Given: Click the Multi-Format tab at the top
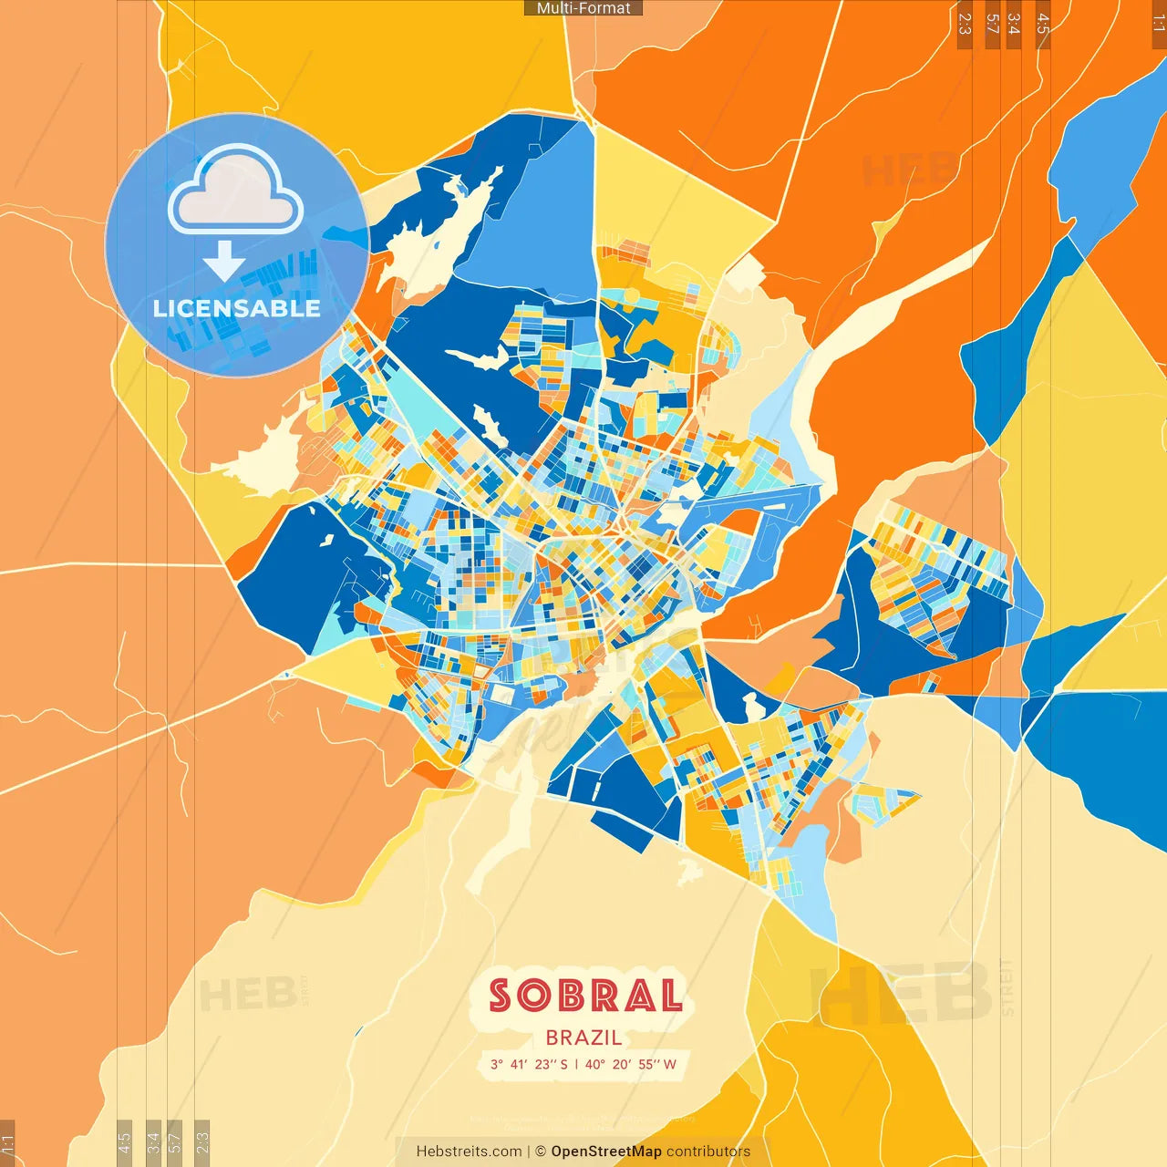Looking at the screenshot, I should click(583, 8).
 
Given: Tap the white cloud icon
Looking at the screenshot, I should click(235, 192).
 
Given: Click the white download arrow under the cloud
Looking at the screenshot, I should click(224, 260).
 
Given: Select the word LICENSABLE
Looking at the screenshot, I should click(237, 308).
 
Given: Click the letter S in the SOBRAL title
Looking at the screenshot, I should click(501, 996).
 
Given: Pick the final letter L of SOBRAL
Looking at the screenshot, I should click(671, 996).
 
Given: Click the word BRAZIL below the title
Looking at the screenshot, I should click(584, 1038).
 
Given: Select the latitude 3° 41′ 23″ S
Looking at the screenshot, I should click(529, 1064).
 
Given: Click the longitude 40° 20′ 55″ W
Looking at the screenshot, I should click(631, 1064).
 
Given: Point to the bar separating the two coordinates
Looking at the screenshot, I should click(576, 1064).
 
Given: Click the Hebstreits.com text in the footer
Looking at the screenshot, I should click(469, 1152).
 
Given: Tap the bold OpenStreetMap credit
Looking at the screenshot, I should click(606, 1152).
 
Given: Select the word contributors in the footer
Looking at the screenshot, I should click(708, 1152).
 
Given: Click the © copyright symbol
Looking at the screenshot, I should click(541, 1152).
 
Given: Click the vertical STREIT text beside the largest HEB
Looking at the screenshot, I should click(1007, 987).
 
